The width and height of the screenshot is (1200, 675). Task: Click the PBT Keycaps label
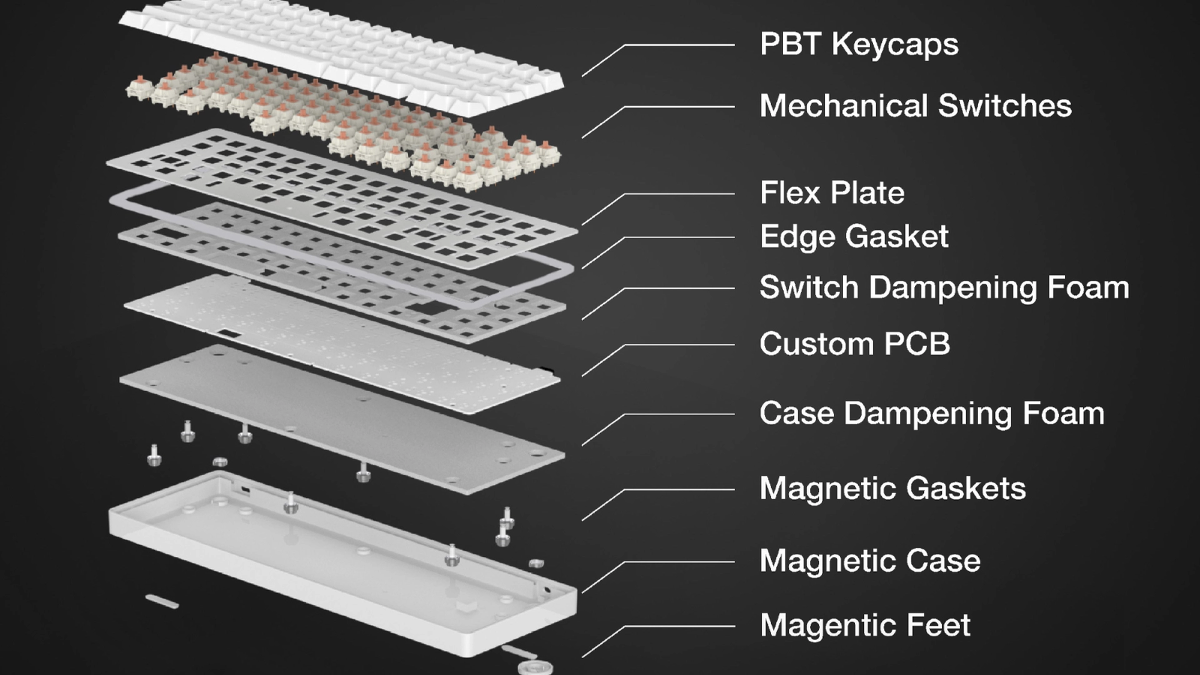[x=859, y=44]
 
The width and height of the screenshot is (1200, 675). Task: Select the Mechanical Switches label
[x=915, y=106]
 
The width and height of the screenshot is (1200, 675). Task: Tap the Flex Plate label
[x=832, y=192]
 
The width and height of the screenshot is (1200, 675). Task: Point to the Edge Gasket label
[x=854, y=236]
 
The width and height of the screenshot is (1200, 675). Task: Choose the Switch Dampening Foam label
[x=944, y=287]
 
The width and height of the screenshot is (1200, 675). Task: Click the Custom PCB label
[x=854, y=344]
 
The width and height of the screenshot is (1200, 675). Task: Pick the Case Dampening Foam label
[x=931, y=413]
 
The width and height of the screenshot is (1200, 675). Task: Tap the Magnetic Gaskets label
[x=892, y=488]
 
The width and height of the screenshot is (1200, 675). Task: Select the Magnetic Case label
[x=870, y=561]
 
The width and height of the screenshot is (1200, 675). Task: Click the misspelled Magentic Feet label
[x=865, y=625]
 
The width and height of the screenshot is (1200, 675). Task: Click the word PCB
[x=917, y=344]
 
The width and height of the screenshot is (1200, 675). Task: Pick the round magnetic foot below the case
[x=535, y=667]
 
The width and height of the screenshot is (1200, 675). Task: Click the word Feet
[x=938, y=625]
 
